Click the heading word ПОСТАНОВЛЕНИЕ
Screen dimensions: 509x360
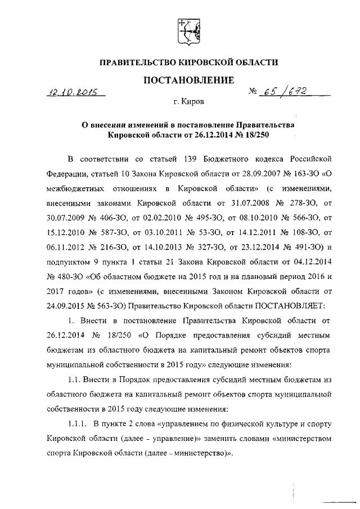188,80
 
